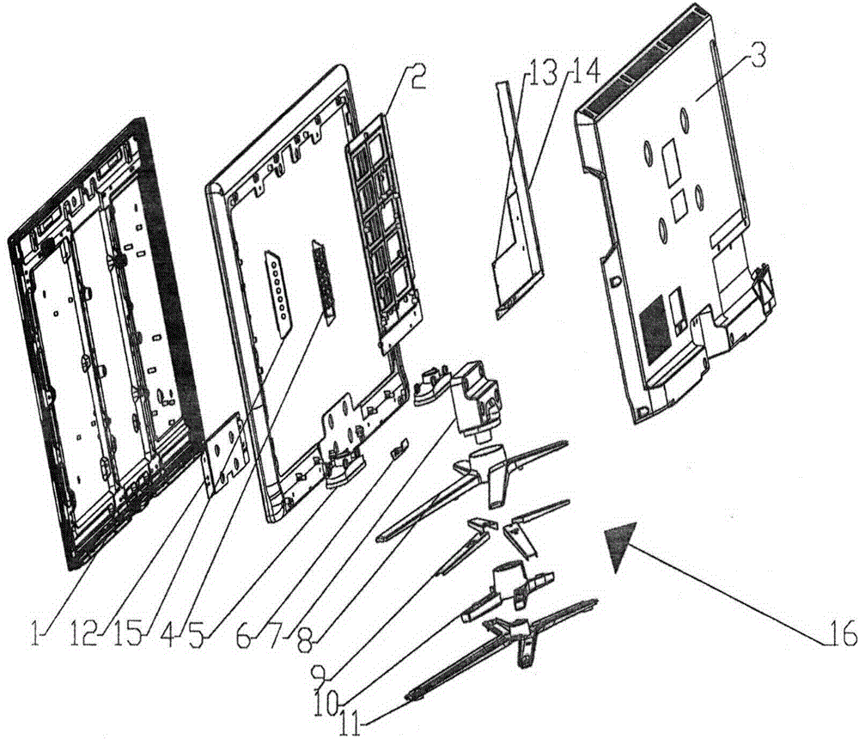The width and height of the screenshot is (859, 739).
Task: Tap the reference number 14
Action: pyautogui.click(x=584, y=72)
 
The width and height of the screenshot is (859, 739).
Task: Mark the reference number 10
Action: pyautogui.click(x=328, y=700)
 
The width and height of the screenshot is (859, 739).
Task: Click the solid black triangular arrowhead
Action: pyautogui.click(x=619, y=543)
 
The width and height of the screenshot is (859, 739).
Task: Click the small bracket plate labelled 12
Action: pyautogui.click(x=226, y=453)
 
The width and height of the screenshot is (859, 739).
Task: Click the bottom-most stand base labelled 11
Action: pyautogui.click(x=503, y=647)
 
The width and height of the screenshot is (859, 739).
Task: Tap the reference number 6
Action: pyautogui.click(x=243, y=636)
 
